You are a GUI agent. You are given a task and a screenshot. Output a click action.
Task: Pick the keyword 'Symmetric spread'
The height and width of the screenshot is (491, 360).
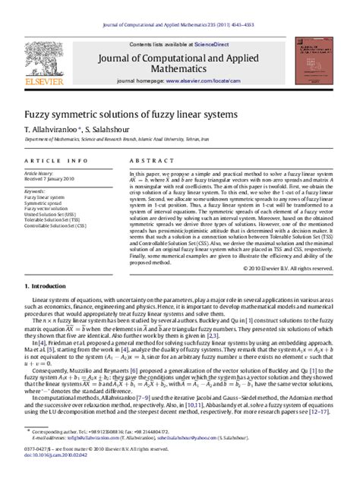(x=46, y=203)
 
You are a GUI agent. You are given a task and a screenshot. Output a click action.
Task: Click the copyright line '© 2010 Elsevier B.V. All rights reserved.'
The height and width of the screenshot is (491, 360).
(x=290, y=247)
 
